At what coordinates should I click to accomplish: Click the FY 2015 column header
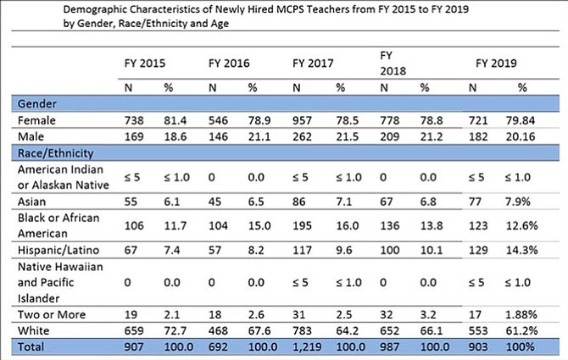pos(144,64)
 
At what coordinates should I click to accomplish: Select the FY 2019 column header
pos(496,64)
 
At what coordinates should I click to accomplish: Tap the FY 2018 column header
pos(393,63)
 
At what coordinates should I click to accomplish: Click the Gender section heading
pos(37,104)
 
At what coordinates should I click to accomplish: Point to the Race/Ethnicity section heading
pos(55,153)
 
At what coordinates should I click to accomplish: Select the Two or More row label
pos(52,314)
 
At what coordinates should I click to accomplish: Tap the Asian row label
pos(32,202)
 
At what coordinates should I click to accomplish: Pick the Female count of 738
pos(134,120)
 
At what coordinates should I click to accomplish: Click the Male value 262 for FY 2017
pos(302,136)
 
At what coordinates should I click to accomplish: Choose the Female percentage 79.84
pos(521,120)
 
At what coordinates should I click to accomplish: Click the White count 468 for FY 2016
pos(218,330)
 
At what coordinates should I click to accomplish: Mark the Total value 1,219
pos(307,346)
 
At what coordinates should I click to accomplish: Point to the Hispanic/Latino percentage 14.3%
pos(521,250)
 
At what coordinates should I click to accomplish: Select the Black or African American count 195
pos(302,226)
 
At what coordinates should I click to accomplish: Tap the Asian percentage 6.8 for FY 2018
pos(428,202)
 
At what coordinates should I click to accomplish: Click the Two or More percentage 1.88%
pos(521,314)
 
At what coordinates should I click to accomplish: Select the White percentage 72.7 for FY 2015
pos(175,330)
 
